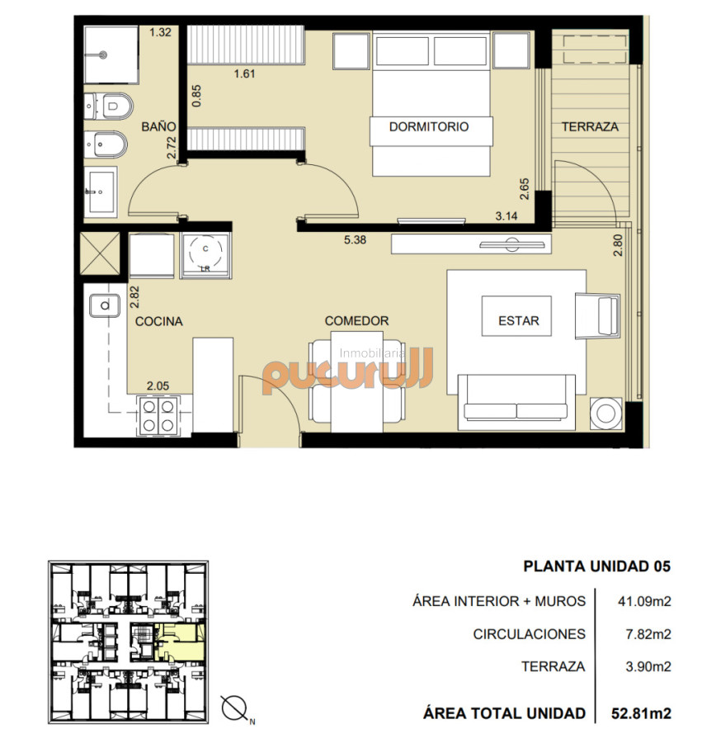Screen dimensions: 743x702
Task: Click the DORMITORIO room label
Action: pos(428,127)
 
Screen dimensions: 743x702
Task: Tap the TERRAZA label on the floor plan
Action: pos(590,127)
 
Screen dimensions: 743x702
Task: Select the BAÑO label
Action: pos(158,127)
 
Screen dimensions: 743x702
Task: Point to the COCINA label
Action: pos(159,321)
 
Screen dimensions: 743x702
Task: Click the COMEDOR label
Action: pos(356,321)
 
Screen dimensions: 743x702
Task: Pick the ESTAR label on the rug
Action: pos(518,321)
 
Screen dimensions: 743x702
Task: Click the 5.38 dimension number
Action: pos(357,241)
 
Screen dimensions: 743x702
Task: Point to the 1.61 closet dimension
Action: pos(244,74)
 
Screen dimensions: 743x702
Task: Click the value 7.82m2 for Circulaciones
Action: pos(644,634)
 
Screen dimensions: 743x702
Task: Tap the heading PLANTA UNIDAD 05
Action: pos(597,566)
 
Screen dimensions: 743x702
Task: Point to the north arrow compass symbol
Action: pos(236,709)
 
